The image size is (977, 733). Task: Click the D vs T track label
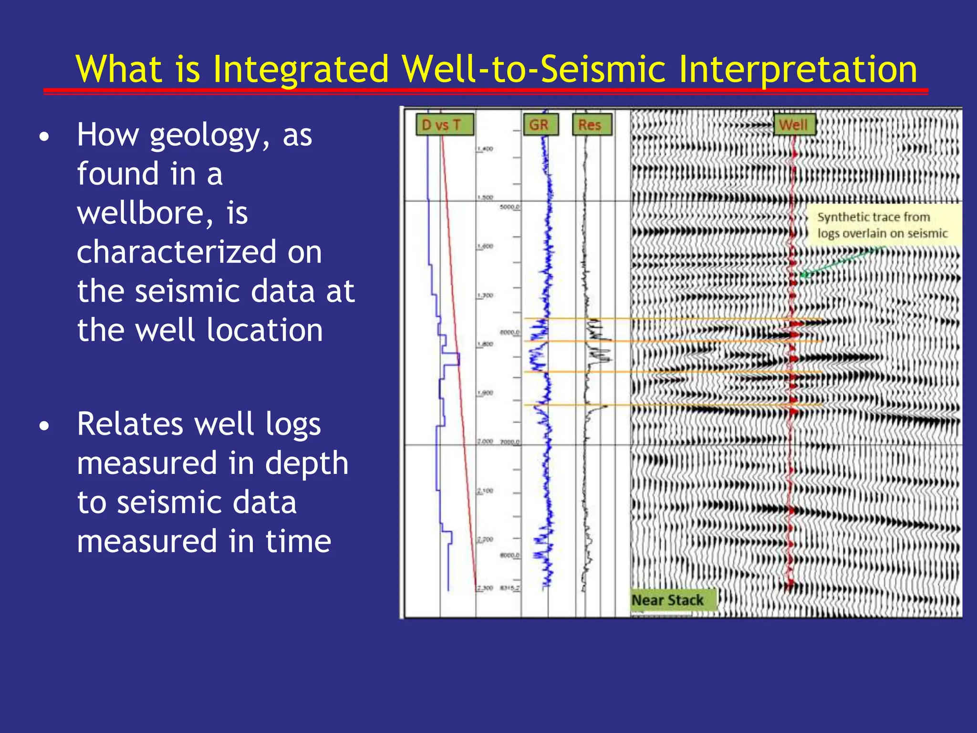[x=445, y=125]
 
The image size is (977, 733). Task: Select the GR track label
[x=540, y=125]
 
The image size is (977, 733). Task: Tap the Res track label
[x=592, y=125]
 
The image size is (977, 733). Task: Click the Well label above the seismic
[x=794, y=125]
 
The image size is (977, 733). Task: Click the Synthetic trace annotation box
[x=882, y=225]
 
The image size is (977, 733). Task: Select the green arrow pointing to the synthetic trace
[x=842, y=262]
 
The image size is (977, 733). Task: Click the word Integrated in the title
[x=301, y=69]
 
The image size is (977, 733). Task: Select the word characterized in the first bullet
[x=177, y=252]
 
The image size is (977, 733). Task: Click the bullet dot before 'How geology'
[x=44, y=138]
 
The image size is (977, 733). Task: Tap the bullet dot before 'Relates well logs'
[x=44, y=426]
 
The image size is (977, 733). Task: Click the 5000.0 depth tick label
[x=509, y=207]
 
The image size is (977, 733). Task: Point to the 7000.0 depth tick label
[x=509, y=442]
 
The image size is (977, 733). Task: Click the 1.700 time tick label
[x=485, y=296]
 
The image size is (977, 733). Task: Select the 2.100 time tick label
[x=485, y=491]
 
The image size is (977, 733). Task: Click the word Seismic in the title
[x=603, y=69]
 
